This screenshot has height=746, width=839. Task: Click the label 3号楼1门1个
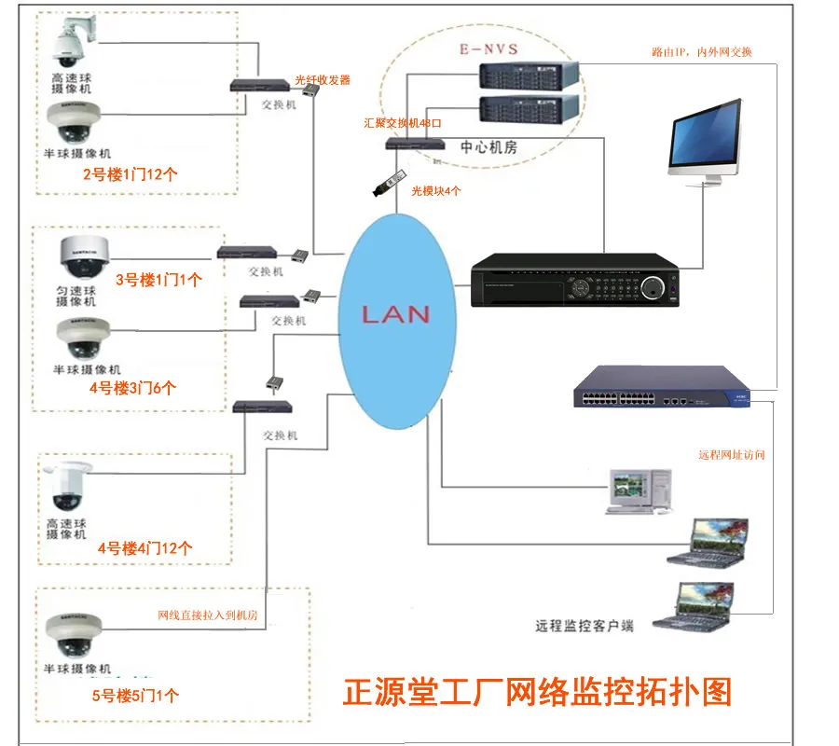[158, 278]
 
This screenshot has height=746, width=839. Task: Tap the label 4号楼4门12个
[144, 548]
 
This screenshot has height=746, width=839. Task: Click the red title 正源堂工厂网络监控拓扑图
[538, 692]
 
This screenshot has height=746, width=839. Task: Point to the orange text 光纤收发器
[323, 80]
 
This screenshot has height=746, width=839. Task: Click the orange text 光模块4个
[436, 190]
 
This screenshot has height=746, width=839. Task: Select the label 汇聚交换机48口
[404, 123]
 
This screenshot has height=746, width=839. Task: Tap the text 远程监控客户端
[585, 626]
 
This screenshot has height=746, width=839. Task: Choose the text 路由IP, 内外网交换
[701, 53]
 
